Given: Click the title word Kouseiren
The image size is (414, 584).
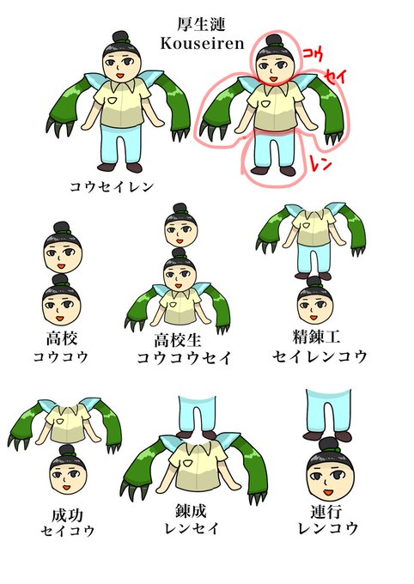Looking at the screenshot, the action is pyautogui.click(x=202, y=43).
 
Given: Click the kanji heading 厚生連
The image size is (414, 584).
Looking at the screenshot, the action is pyautogui.click(x=201, y=24).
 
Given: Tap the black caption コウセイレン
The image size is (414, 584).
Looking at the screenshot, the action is pyautogui.click(x=113, y=186).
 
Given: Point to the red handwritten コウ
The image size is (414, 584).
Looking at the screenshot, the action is pyautogui.click(x=313, y=54).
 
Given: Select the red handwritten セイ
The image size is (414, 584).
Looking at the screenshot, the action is pyautogui.click(x=336, y=76).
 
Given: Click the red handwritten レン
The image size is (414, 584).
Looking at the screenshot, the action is pyautogui.click(x=320, y=163).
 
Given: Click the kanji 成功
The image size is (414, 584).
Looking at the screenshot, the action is pyautogui.click(x=68, y=515).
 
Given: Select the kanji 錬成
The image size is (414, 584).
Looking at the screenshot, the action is pyautogui.click(x=191, y=511).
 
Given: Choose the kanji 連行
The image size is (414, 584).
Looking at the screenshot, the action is pyautogui.click(x=326, y=512).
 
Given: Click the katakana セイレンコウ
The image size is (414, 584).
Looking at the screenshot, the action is pyautogui.click(x=320, y=356).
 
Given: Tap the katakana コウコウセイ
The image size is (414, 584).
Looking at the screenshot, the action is pyautogui.click(x=184, y=358).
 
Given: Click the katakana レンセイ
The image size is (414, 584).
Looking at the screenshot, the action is pyautogui.click(x=192, y=528).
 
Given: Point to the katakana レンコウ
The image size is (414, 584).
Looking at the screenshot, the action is pyautogui.click(x=328, y=528).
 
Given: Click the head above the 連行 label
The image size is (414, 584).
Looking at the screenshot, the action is pyautogui.click(x=330, y=469).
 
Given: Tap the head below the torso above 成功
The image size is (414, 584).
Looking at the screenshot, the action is pyautogui.click(x=68, y=469).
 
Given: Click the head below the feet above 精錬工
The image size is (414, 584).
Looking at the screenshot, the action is pyautogui.click(x=315, y=300).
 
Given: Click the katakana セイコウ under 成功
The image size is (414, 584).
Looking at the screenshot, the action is pyautogui.click(x=68, y=531).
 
